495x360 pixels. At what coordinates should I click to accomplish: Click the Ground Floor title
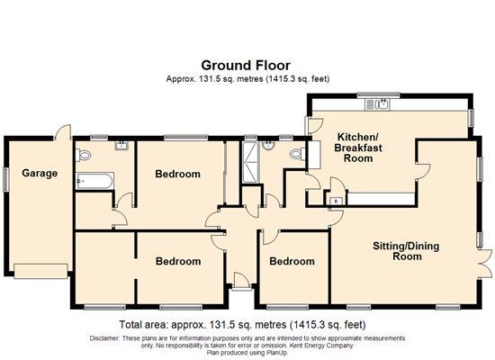point(247,65)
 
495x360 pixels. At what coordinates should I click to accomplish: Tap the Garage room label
point(40,173)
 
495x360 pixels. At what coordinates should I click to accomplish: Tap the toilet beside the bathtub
point(85,156)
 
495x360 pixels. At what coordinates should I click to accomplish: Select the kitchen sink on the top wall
point(384,104)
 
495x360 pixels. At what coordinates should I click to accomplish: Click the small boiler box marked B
point(336,200)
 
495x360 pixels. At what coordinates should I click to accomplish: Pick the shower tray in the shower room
point(248,162)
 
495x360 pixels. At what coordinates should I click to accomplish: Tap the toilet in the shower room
point(295,155)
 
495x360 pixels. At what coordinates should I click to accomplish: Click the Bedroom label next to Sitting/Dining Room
point(292,262)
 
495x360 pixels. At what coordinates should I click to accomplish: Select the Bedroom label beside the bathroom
point(177,174)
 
